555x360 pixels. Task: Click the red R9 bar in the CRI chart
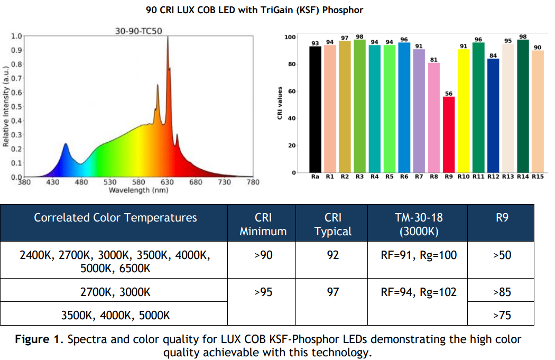[x=448, y=135]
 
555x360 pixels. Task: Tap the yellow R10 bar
[x=464, y=111]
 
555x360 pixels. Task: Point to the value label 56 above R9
[x=448, y=94]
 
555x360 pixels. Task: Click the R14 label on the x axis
[x=523, y=177]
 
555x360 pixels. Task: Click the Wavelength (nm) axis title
[x=138, y=190]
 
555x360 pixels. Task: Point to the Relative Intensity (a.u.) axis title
[x=6, y=106]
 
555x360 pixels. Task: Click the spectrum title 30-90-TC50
[x=138, y=31]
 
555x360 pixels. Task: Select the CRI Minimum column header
[x=263, y=224]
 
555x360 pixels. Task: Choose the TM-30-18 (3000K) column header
[x=419, y=224]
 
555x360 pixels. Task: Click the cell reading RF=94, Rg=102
[x=419, y=292]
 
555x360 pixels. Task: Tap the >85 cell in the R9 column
[x=502, y=292]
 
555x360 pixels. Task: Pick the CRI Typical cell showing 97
[x=332, y=292]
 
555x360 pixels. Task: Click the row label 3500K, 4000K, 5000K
[x=115, y=315]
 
